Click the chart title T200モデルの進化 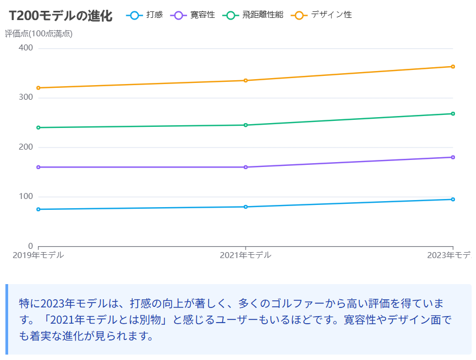click(x=61, y=16)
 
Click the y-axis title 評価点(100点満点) click(x=38, y=34)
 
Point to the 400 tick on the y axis click(x=26, y=48)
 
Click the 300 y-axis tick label click(x=26, y=98)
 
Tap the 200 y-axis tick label click(x=26, y=147)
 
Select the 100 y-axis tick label click(x=26, y=197)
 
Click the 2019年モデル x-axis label click(x=38, y=255)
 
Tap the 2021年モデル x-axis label click(x=246, y=255)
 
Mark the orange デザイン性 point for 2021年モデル click(x=246, y=80)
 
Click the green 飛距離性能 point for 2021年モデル click(x=246, y=125)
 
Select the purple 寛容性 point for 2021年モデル click(x=246, y=167)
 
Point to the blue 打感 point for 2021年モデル click(x=246, y=207)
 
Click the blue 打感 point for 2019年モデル click(x=38, y=209)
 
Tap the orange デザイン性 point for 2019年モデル click(x=38, y=88)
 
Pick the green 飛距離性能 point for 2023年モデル click(x=453, y=114)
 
